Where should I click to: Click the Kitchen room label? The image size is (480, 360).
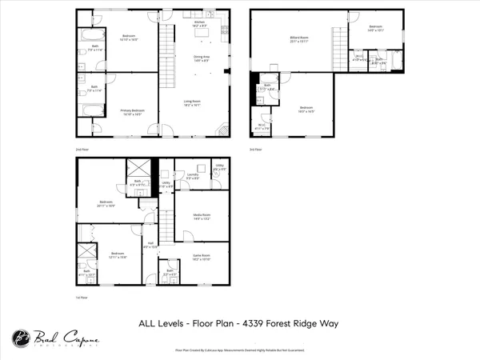(201, 23)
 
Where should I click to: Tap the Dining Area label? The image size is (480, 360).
(202, 57)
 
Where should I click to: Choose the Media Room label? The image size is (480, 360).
(202, 214)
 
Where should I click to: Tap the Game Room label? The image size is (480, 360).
(202, 256)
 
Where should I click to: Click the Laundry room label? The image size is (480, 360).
(192, 176)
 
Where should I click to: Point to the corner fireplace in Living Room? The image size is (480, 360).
(223, 132)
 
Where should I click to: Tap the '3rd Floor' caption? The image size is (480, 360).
(256, 150)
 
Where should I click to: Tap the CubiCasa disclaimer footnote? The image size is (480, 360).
(240, 350)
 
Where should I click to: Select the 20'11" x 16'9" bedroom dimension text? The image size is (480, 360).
(107, 206)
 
